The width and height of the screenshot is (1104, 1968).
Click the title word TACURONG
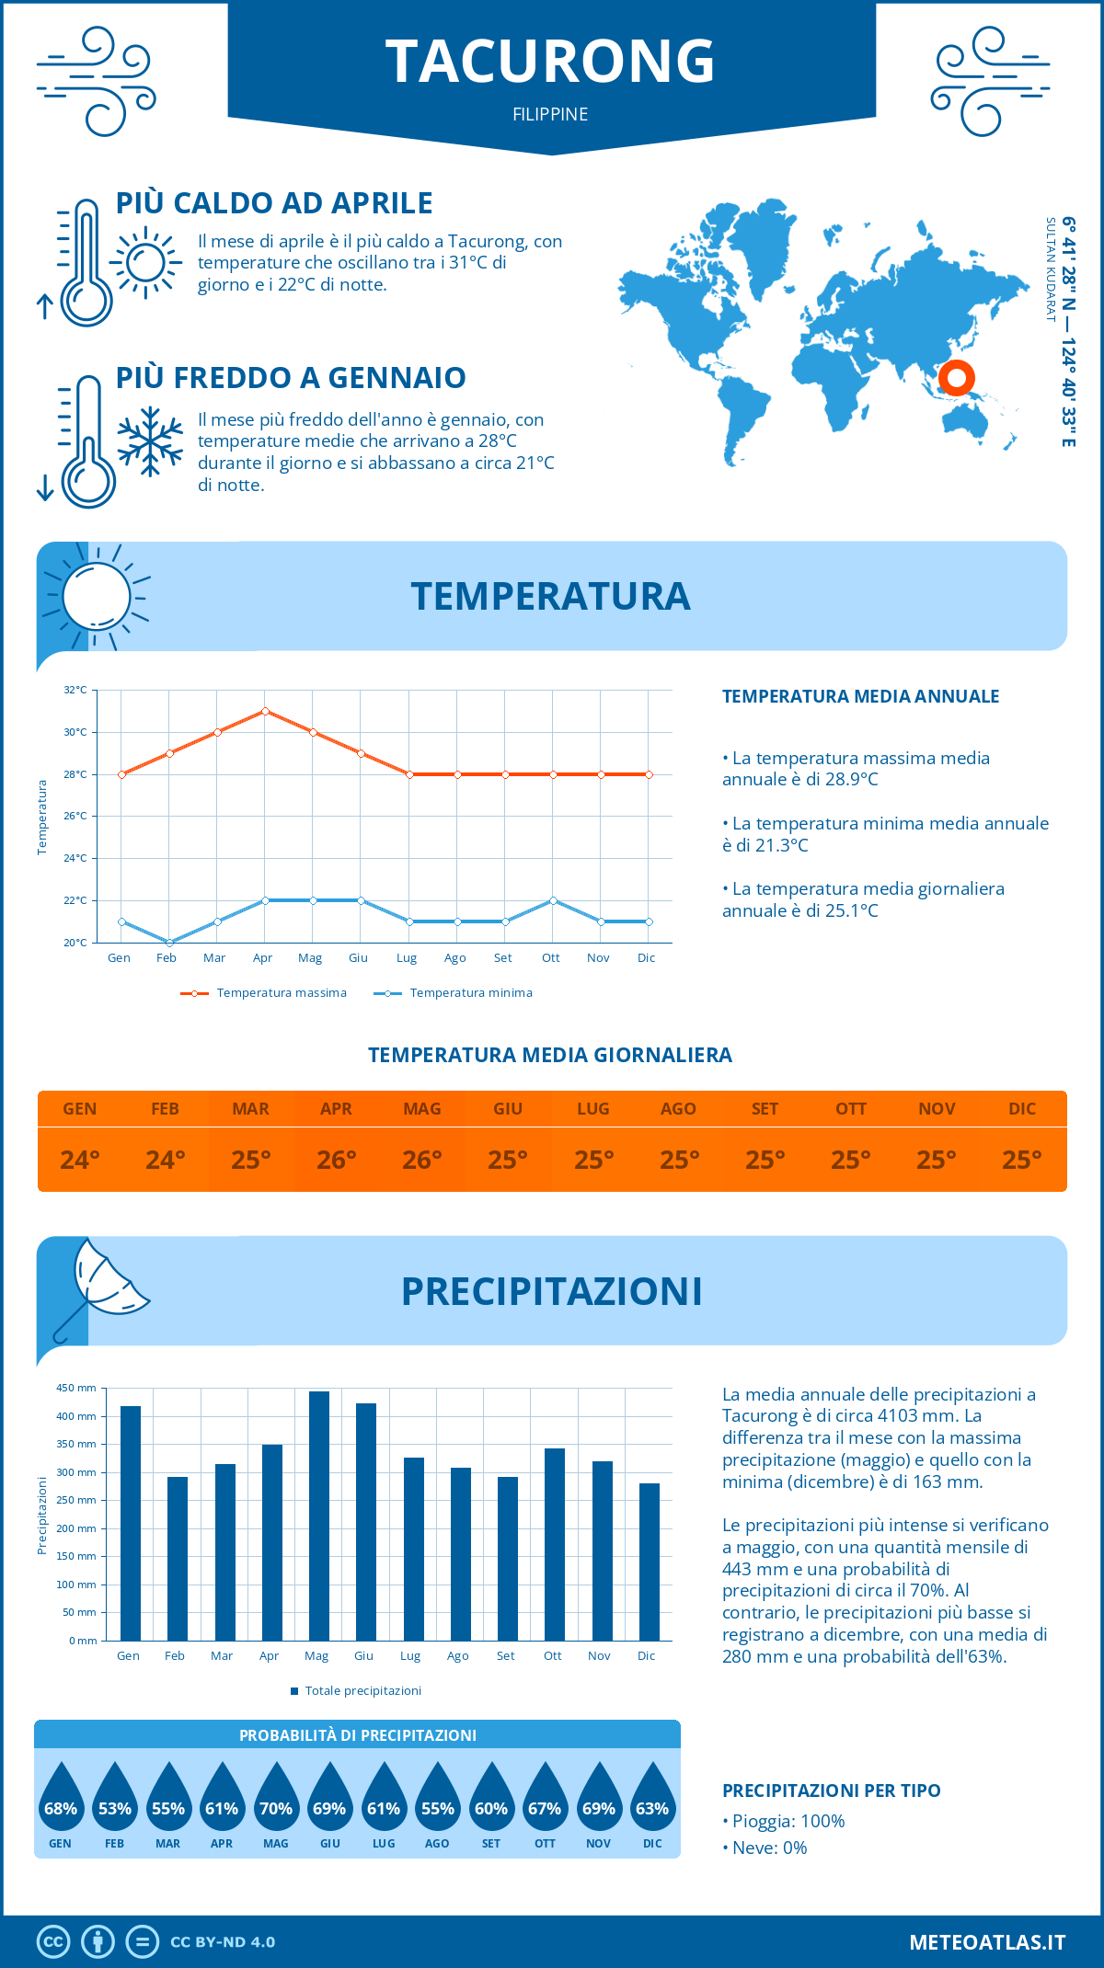tap(550, 62)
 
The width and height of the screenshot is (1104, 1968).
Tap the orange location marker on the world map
tap(957, 377)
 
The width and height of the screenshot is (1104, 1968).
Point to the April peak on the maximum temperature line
tap(265, 711)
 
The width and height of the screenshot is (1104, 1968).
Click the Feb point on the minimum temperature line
tap(169, 943)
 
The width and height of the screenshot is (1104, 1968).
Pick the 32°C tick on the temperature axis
tap(75, 690)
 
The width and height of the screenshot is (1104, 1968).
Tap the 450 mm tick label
tap(76, 1388)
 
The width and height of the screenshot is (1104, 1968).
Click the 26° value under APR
tap(337, 1160)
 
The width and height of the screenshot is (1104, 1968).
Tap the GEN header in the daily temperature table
tap(80, 1109)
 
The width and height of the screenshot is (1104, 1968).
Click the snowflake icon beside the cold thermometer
tap(150, 441)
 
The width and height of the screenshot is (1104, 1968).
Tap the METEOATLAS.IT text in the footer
tap(987, 1942)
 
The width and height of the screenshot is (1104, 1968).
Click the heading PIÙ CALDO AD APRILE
tap(274, 203)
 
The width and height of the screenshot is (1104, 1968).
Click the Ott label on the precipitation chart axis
tap(553, 1656)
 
